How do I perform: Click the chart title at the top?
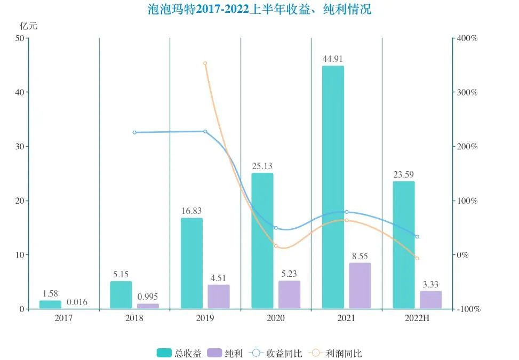pyautogui.click(x=259, y=10)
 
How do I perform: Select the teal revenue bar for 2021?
pyautogui.click(x=333, y=187)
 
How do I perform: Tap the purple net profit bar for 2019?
pyautogui.click(x=219, y=297)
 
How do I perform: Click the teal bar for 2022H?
pyautogui.click(x=404, y=245)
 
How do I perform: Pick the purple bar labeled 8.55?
pyautogui.click(x=360, y=285)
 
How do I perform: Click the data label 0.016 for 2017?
pyautogui.click(x=77, y=302)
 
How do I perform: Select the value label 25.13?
pyautogui.click(x=262, y=166)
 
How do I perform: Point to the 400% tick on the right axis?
pyautogui.click(x=466, y=38)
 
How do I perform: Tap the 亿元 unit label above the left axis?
pyautogui.click(x=29, y=26)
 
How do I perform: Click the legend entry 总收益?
pyautogui.click(x=179, y=353)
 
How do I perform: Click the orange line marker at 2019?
pyautogui.click(x=205, y=63)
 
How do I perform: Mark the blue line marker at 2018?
pyautogui.click(x=134, y=132)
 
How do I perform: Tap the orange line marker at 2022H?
pyautogui.click(x=417, y=258)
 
